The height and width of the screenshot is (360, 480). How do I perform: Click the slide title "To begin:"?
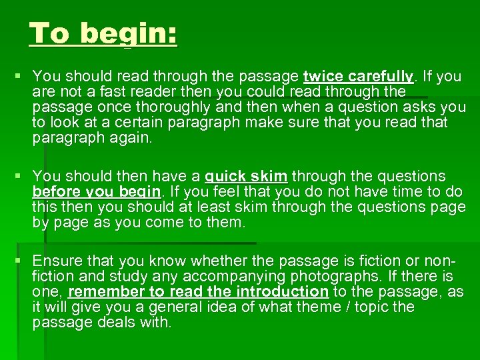pyautogui.click(x=103, y=33)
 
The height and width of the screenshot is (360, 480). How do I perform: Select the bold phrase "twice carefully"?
pyautogui.click(x=358, y=77)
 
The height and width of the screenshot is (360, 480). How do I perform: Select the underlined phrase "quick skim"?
pyautogui.click(x=247, y=177)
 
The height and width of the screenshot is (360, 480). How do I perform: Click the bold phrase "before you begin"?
pyautogui.click(x=97, y=192)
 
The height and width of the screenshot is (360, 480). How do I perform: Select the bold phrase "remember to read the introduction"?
pyautogui.click(x=198, y=291)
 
